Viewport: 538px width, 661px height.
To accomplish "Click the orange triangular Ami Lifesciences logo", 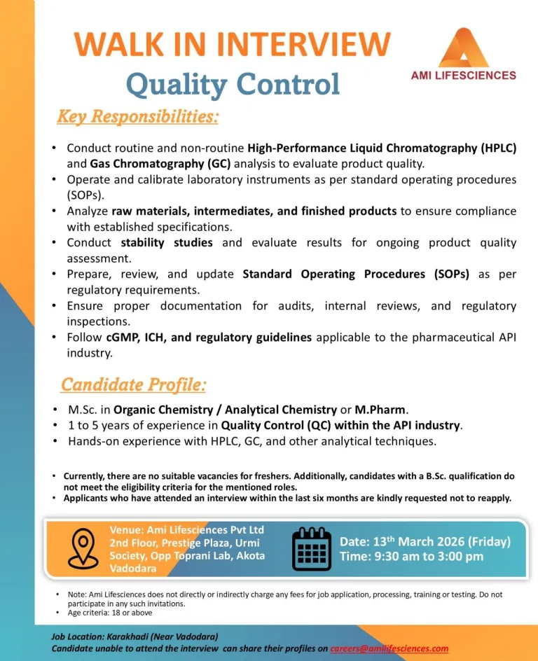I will [x=462, y=48].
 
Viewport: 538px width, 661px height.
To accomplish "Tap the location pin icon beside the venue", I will [x=83, y=548].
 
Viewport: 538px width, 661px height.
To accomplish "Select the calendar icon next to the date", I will [x=311, y=548].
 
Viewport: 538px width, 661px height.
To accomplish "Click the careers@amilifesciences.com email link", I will [x=389, y=648].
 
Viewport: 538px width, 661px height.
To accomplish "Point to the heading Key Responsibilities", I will [x=137, y=116].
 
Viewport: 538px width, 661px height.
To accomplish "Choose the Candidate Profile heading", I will [x=133, y=384].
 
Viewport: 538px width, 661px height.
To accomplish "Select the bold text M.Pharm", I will [x=382, y=410].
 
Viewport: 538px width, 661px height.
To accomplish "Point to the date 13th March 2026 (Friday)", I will [x=425, y=541].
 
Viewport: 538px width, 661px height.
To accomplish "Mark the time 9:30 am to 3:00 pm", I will [x=411, y=557].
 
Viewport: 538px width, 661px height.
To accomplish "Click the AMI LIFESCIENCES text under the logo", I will [x=463, y=76].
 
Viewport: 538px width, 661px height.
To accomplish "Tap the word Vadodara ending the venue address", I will [x=133, y=569].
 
